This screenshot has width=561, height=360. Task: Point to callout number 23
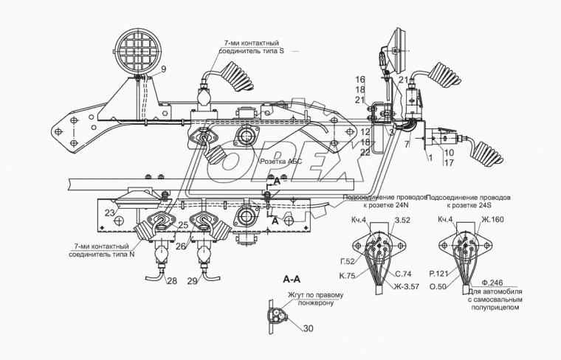[109, 214]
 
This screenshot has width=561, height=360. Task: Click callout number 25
[182, 224]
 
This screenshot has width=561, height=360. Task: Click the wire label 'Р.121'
[438, 272]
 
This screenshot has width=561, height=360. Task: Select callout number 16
[360, 79]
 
